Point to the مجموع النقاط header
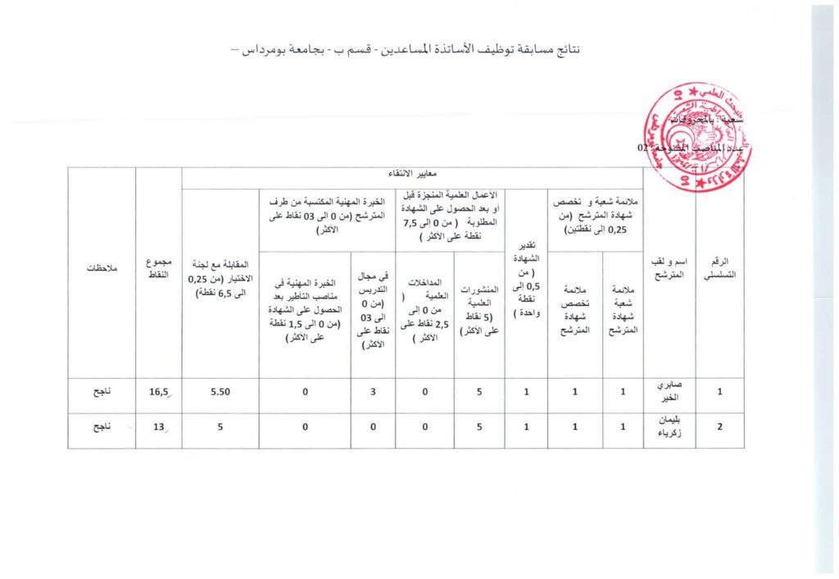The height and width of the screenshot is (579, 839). point(159,273)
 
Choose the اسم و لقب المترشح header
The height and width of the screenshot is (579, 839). point(669,273)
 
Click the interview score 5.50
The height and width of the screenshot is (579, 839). point(220,392)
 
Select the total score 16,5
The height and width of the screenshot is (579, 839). point(158,392)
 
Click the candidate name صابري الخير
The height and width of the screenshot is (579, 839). point(669,392)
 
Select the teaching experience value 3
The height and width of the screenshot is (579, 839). point(373,392)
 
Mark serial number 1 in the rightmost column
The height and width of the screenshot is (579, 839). point(719,392)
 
